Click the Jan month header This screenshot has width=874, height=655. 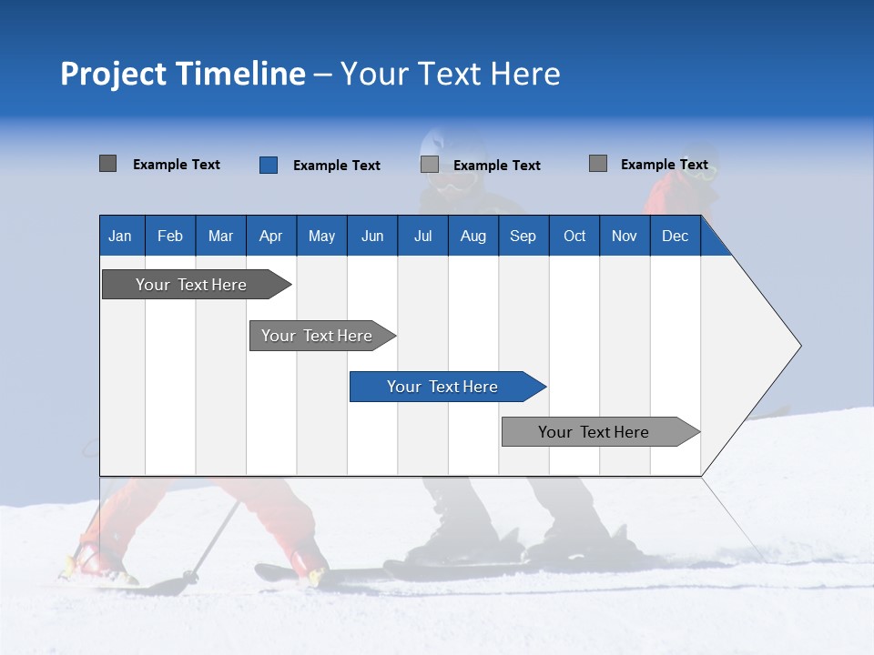tap(120, 236)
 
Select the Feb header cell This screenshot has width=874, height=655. tap(170, 236)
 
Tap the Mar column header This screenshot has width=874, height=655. tap(220, 236)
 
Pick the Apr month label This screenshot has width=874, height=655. tap(271, 236)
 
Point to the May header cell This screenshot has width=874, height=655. tap(321, 236)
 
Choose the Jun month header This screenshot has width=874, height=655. tap(372, 236)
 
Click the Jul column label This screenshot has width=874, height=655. tap(422, 236)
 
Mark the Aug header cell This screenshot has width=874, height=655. tap(473, 236)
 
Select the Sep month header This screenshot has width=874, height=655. tap(523, 236)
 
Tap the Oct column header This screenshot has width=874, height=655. tap(574, 236)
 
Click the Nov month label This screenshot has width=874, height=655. tap(625, 236)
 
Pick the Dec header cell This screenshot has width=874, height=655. tap(676, 236)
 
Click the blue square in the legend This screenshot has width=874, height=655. tap(269, 165)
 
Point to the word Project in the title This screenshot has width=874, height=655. tap(113, 74)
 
